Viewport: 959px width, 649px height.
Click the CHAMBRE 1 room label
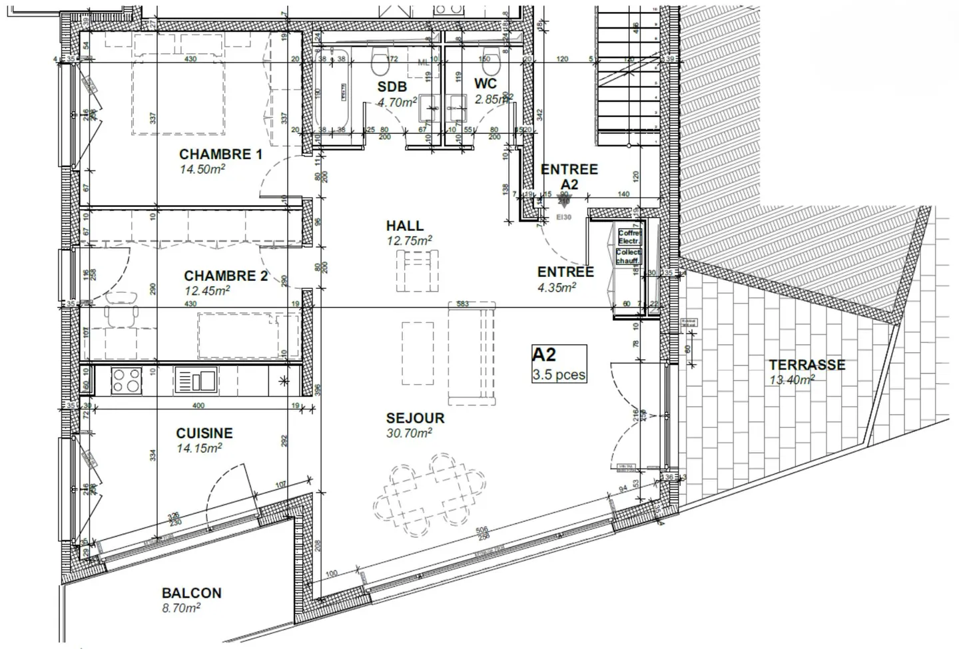coord(220,154)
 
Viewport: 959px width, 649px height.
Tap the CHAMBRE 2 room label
coord(226,276)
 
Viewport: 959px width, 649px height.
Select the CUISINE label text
coord(204,433)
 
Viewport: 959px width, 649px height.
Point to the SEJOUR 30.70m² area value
coord(410,433)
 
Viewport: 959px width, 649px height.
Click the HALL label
coord(404,226)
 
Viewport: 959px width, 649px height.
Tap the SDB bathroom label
coord(392,87)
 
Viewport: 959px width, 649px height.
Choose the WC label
coord(485,84)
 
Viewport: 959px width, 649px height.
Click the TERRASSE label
coord(806,365)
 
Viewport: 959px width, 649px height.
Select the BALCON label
coord(192,593)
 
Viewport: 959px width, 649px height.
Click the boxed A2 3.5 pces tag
coord(559,364)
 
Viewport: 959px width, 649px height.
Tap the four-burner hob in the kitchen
coord(126,381)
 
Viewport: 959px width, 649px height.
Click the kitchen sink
coord(196,381)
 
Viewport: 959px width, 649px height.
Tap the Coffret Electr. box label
coord(629,237)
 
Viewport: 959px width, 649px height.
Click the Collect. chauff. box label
coord(628,257)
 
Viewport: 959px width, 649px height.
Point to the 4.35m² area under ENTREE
coord(556,288)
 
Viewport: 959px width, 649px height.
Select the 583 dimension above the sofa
coord(463,304)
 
